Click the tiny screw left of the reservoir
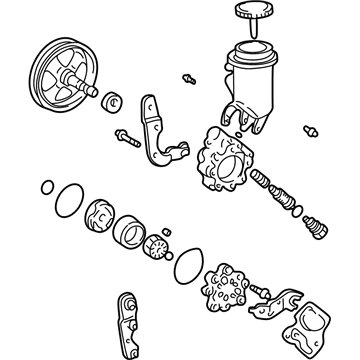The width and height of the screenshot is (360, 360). click(x=188, y=76)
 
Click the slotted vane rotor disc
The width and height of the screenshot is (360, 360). click(x=158, y=255)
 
